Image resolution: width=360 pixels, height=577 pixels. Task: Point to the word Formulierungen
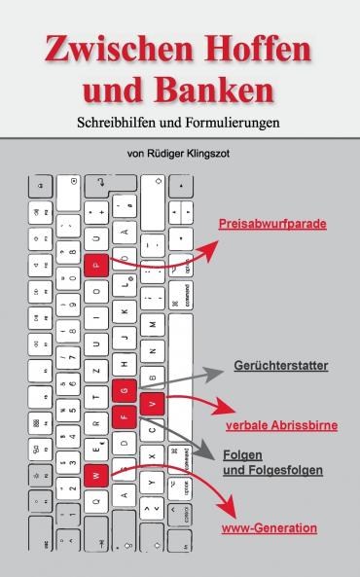point(231,125)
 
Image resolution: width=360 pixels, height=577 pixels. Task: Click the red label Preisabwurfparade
point(271,225)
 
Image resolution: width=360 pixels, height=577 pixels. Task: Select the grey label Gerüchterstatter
point(280,366)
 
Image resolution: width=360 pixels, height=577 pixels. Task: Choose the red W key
point(96,477)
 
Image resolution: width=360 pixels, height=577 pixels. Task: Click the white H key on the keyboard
point(124,362)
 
